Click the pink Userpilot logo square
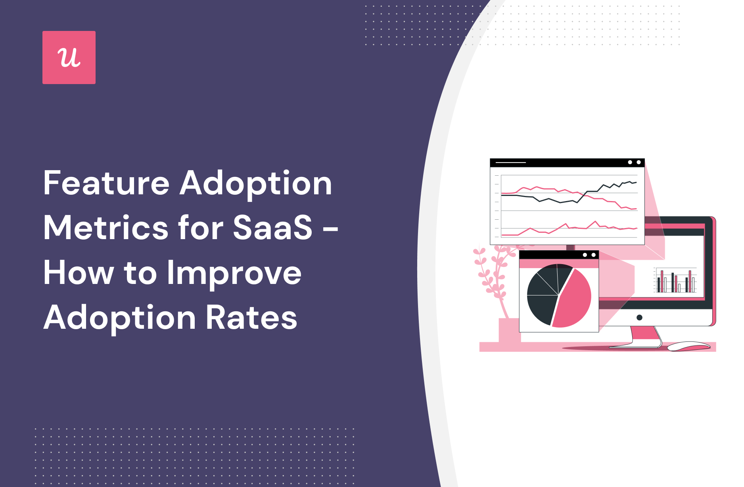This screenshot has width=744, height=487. coord(69,58)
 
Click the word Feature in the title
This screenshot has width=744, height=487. coord(107,183)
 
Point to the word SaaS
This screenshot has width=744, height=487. coord(273,228)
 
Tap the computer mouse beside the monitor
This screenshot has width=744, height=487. coord(689,346)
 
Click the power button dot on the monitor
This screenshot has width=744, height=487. coord(639,318)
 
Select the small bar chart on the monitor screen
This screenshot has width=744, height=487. coord(675,280)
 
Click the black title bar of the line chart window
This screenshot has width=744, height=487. coord(567,163)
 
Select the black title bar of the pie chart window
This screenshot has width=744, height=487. coord(559,255)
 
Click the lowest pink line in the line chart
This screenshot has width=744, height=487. coord(569,229)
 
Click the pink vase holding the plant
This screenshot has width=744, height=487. coord(509,330)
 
